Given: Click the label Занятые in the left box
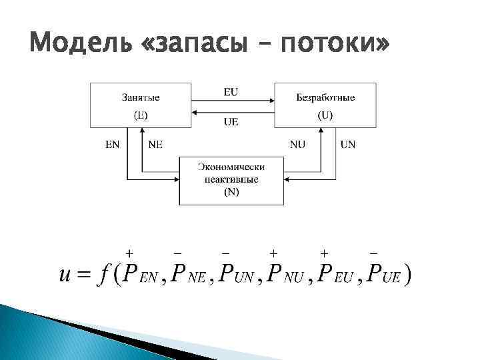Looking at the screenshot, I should coord(141,97).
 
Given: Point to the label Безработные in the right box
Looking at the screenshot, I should coord(325,97).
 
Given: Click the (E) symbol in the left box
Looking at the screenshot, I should coord(141,115).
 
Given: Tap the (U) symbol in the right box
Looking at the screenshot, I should coord(325,115).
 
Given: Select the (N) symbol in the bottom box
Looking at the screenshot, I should coord(231,193).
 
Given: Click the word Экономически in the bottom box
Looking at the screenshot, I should coord(231,167).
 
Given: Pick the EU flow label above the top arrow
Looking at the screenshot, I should coord(231,92).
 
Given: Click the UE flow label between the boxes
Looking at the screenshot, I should coord(231,121).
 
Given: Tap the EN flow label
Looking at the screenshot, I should coord(113,143).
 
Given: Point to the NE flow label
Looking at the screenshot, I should coord(155,143).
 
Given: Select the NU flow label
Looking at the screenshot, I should coord(297,143).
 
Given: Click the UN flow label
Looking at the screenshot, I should coord(348,143).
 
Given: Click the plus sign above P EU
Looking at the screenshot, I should coord(324,253).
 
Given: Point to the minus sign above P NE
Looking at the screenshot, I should coord(177,253).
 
